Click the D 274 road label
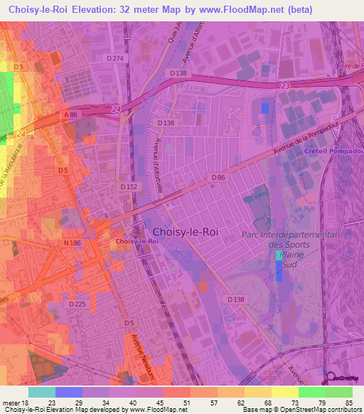[115, 58]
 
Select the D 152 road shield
[128, 186]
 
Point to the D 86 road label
[218, 177]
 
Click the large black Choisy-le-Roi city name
[185, 232]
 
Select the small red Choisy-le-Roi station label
[136, 241]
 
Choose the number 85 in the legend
[349, 403]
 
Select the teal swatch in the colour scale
[41, 392]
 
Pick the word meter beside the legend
[12, 403]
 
